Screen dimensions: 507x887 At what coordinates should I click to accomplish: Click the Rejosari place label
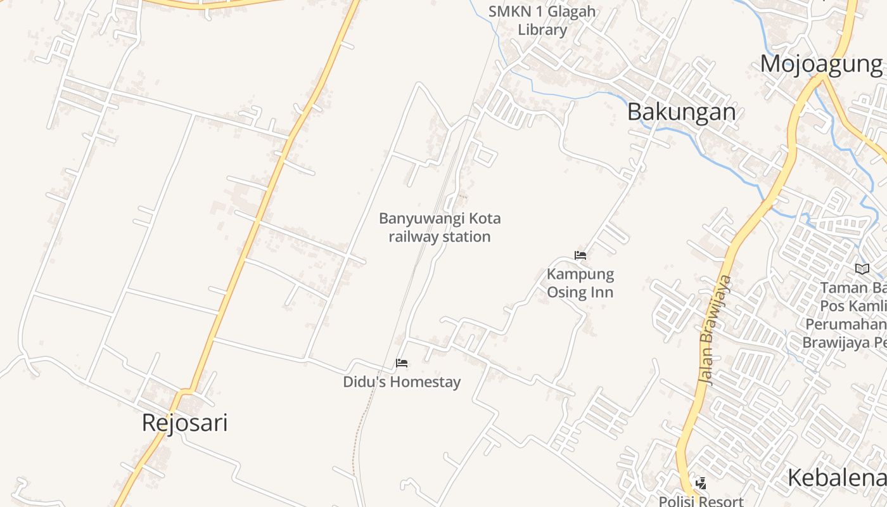pyautogui.click(x=184, y=423)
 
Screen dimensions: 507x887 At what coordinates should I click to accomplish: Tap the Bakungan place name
pyautogui.click(x=681, y=112)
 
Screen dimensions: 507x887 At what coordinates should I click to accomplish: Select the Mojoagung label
pyautogui.click(x=821, y=64)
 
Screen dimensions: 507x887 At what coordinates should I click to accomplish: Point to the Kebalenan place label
pyautogui.click(x=836, y=478)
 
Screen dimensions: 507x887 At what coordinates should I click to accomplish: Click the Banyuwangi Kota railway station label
pyautogui.click(x=440, y=228)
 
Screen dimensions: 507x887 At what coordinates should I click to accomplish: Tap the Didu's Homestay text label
pyautogui.click(x=402, y=382)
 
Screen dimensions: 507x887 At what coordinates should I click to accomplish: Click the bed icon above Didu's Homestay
pyautogui.click(x=402, y=363)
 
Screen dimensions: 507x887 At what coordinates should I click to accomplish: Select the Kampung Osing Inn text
pyautogui.click(x=580, y=283)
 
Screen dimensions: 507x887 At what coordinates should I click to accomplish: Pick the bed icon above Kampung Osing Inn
pyautogui.click(x=580, y=255)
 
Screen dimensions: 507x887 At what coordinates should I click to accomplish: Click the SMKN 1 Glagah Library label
pyautogui.click(x=542, y=20)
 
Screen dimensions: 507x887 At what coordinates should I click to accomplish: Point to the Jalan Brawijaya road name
pyautogui.click(x=715, y=329)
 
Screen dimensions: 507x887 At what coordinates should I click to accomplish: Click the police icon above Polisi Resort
pyautogui.click(x=701, y=483)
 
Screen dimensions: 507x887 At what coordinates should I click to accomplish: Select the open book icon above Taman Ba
pyautogui.click(x=862, y=269)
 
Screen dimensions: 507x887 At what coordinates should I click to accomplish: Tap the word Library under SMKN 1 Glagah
pyautogui.click(x=542, y=30)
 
